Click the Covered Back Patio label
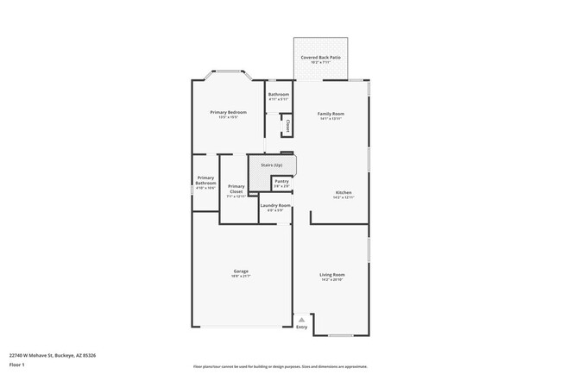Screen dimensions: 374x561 click(320, 57)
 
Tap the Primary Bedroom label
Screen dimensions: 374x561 click(229, 112)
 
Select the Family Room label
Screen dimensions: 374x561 click(331, 114)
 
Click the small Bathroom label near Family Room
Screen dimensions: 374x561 click(278, 94)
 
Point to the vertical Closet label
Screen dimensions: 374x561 click(287, 126)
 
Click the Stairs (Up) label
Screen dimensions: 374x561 click(272, 164)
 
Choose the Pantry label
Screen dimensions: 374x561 click(281, 181)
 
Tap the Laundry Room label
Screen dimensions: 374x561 click(275, 205)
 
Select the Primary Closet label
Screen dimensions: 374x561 click(236, 189)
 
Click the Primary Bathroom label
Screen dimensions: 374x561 click(205, 180)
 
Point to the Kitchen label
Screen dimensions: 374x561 click(344, 192)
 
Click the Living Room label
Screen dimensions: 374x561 click(332, 275)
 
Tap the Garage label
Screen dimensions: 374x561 click(241, 271)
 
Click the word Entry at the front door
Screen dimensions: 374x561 click(301, 327)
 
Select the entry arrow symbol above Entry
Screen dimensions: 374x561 click(301, 319)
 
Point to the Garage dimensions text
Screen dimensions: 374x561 click(241, 277)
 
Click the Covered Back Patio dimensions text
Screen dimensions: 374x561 click(320, 62)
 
